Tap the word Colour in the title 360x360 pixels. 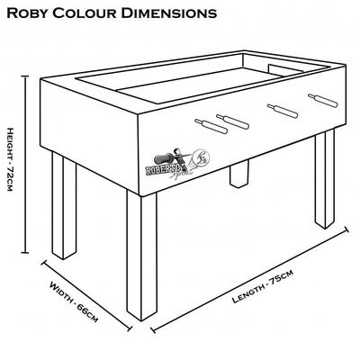pyautogui.click(x=85, y=13)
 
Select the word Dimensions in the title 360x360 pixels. pyautogui.click(x=169, y=13)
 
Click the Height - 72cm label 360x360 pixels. pyautogui.click(x=10, y=159)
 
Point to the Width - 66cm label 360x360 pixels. pyautogui.click(x=74, y=301)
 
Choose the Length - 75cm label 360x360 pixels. pyautogui.click(x=263, y=286)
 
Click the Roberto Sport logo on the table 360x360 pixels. pyautogui.click(x=177, y=164)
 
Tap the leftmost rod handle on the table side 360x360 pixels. pyautogui.click(x=211, y=126)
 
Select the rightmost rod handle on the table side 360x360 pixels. pyautogui.click(x=323, y=101)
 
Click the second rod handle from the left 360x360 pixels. pyautogui.click(x=233, y=121)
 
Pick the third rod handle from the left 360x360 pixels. pyautogui.click(x=283, y=111)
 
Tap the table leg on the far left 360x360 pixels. pyautogui.click(x=64, y=205)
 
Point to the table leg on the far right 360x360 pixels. pyautogui.click(x=325, y=178)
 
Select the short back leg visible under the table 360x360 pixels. pyautogui.click(x=239, y=174)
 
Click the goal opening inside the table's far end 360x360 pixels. pyautogui.click(x=285, y=69)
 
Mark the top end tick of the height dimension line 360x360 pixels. pyautogui.click(x=25, y=76)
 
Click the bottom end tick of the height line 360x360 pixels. pyautogui.click(x=25, y=253)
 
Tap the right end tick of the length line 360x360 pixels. pyautogui.click(x=346, y=229)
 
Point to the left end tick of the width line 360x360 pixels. pyautogui.click(x=43, y=263)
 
